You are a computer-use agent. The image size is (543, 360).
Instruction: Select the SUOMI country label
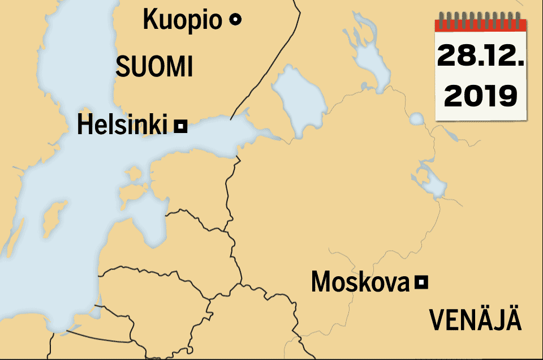(x=154, y=67)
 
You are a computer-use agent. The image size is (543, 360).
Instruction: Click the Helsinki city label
(x=122, y=125)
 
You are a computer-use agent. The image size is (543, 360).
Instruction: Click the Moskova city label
(x=360, y=282)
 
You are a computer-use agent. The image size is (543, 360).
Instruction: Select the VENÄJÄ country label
(x=475, y=320)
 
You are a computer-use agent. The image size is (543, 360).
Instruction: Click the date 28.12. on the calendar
(x=480, y=57)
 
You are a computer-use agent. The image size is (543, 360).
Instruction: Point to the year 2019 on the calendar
(x=480, y=96)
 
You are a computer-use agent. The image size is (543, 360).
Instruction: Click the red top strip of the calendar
(x=480, y=25)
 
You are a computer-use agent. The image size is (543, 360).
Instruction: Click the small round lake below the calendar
(x=416, y=119)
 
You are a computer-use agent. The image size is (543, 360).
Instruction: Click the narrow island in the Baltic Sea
(x=54, y=218)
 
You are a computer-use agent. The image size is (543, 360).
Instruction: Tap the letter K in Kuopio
(x=150, y=20)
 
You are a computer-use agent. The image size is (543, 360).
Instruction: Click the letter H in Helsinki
(x=84, y=125)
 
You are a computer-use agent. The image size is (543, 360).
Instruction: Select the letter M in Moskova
(x=321, y=282)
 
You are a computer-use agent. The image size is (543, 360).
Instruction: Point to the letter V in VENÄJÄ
(x=437, y=320)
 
